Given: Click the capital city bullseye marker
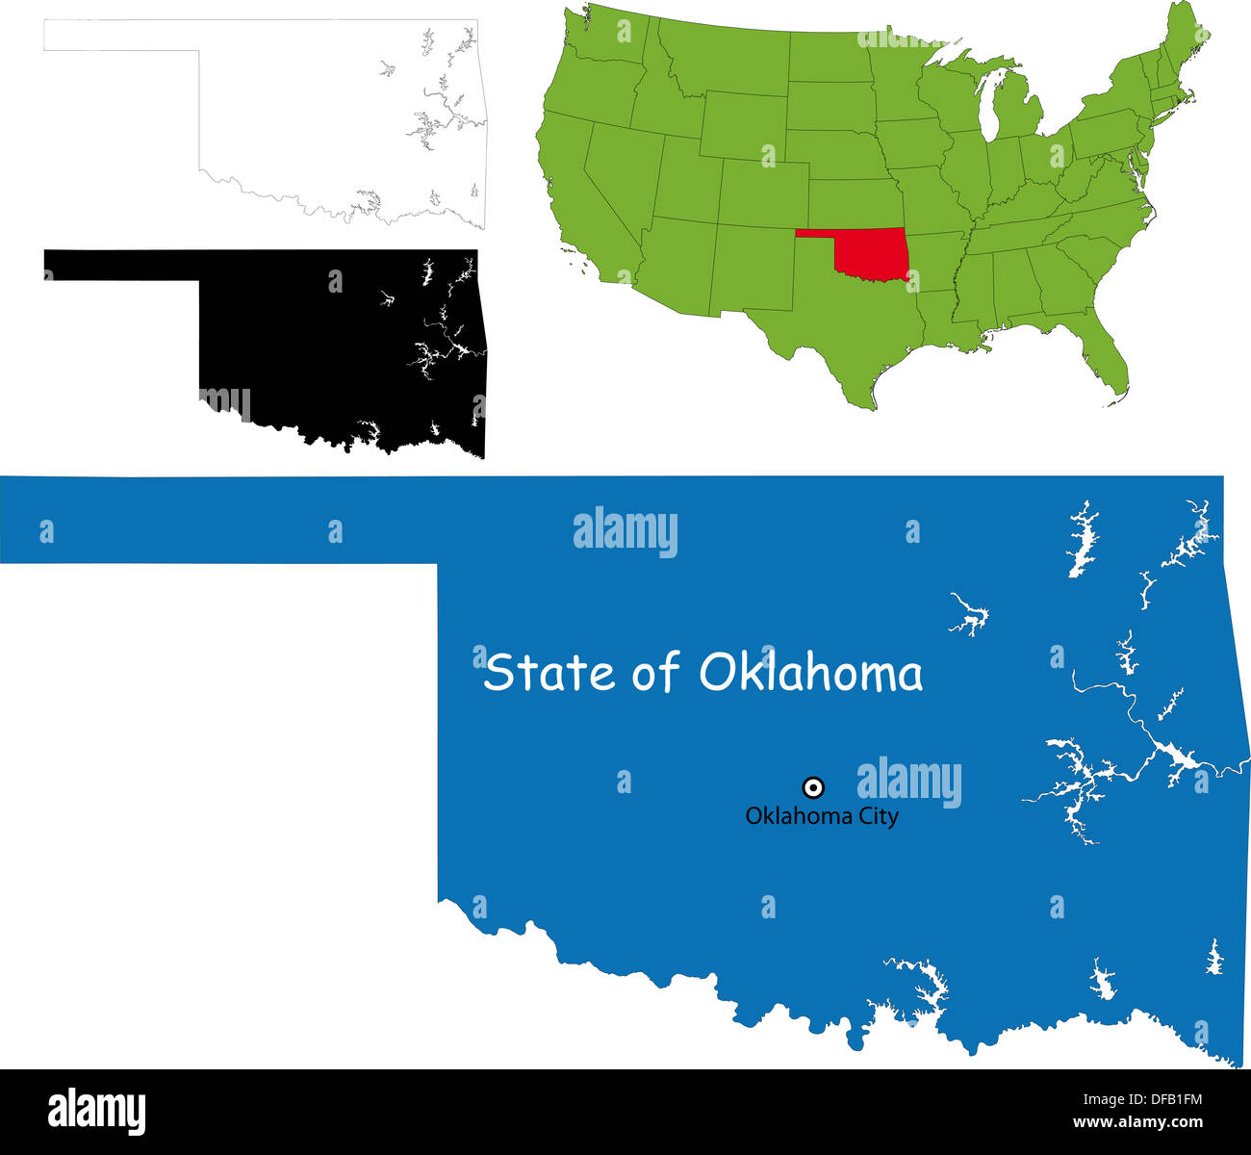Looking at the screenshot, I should coord(813,788).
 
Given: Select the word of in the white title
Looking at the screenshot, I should coord(656,672).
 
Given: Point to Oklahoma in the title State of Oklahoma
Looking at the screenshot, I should coord(810,672).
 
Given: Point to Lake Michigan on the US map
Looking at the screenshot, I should coord(991,106).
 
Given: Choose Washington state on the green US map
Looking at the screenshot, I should coord(597,38).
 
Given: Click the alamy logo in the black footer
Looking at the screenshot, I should coord(96,1112).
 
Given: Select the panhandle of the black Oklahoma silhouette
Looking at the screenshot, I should coord(120,265).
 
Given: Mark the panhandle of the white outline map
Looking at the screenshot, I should coord(120,35).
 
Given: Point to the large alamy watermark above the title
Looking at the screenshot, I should coord(625,531).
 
